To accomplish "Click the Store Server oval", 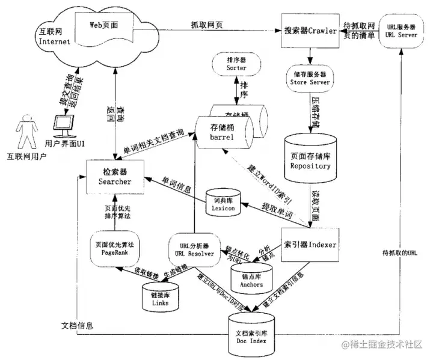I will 312,78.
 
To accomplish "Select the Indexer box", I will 310,245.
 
